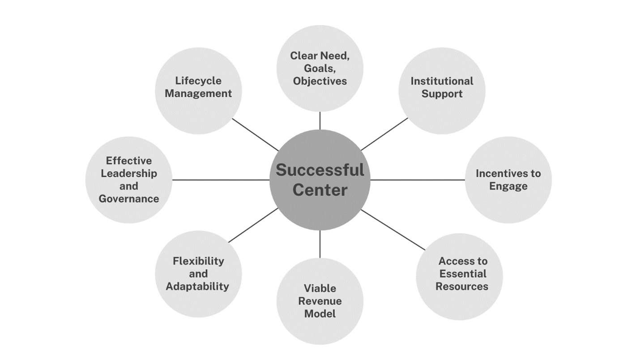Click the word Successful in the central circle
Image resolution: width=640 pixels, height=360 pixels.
coord(320,170)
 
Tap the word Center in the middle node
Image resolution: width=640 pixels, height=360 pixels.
coord(320,190)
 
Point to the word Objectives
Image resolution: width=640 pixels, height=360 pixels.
coord(320,81)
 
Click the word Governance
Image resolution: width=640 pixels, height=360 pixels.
coord(129,198)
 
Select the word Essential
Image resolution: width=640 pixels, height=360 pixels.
coord(463,274)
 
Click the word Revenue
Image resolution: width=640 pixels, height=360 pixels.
coord(320,301)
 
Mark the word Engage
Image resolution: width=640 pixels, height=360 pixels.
coord(508,186)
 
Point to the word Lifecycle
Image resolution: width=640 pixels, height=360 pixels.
coord(198,81)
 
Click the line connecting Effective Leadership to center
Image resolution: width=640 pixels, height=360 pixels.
coord(221,180)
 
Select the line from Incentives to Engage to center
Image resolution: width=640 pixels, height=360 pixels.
coord(418,180)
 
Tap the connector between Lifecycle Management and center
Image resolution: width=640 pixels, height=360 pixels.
coord(255,135)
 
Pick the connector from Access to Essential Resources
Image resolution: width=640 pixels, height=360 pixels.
coord(393,230)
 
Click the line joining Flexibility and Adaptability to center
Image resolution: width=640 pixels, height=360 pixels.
coord(253,225)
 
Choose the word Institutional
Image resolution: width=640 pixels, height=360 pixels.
coord(442,81)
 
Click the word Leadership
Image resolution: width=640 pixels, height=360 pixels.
coord(129,173)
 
